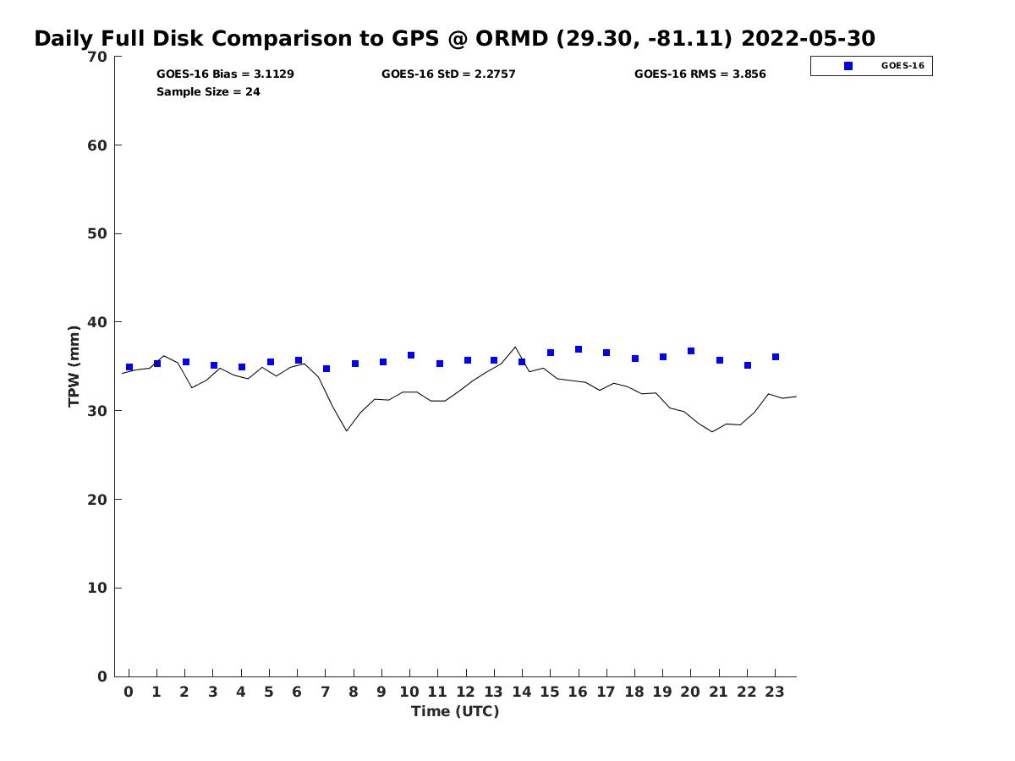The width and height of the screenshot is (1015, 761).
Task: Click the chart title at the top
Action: pyautogui.click(x=454, y=39)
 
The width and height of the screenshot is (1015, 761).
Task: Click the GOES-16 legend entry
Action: pyautogui.click(x=871, y=66)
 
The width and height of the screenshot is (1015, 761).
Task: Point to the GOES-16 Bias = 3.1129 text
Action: pyautogui.click(x=225, y=74)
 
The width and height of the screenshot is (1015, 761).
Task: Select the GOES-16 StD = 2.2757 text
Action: pyautogui.click(x=448, y=74)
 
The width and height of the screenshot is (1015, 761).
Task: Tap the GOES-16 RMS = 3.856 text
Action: pyautogui.click(x=700, y=74)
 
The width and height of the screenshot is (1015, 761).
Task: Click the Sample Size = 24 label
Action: pyautogui.click(x=208, y=92)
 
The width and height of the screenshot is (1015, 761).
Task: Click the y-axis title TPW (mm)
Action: pyautogui.click(x=74, y=366)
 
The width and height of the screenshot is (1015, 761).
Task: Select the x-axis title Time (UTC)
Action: pyautogui.click(x=455, y=712)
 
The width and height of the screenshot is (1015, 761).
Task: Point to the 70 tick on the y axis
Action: pyautogui.click(x=97, y=57)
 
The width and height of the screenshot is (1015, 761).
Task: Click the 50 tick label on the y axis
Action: pyautogui.click(x=97, y=233)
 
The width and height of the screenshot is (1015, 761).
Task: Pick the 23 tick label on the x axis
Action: pyautogui.click(x=775, y=692)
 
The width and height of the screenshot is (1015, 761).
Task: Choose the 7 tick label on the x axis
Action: pyautogui.click(x=326, y=692)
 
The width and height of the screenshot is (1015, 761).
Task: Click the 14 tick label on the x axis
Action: pyautogui.click(x=522, y=692)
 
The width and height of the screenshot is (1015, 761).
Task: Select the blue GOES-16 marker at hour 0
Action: pyautogui.click(x=129, y=367)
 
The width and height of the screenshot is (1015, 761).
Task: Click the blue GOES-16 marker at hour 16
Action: pyautogui.click(x=579, y=349)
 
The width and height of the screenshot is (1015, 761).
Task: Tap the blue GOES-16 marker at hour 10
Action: pyautogui.click(x=411, y=355)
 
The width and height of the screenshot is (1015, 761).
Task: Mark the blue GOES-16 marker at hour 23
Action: pyautogui.click(x=776, y=357)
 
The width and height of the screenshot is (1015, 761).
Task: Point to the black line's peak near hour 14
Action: pyautogui.click(x=515, y=347)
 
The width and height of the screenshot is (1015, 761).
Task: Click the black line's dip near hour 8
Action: pyautogui.click(x=347, y=431)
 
